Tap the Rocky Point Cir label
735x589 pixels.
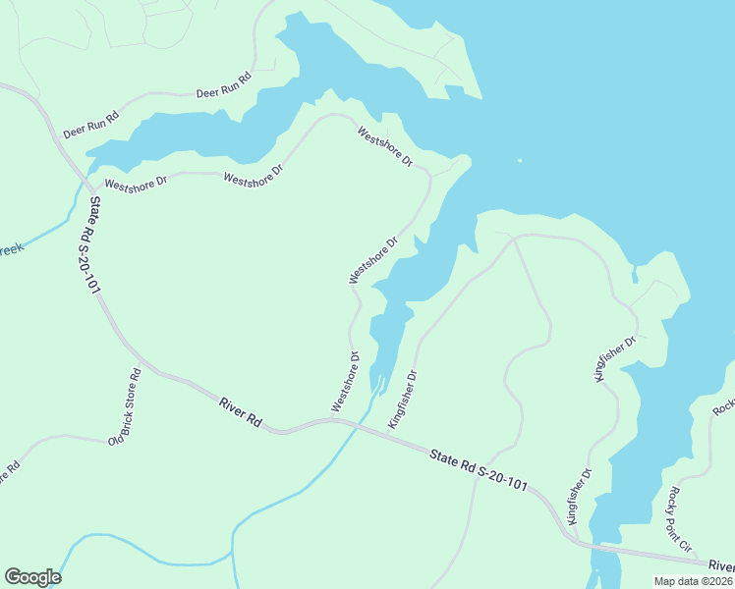[x=680, y=517]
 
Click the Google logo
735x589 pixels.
[x=32, y=577]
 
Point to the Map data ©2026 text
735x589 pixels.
[x=693, y=581]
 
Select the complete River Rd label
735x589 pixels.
[x=240, y=410]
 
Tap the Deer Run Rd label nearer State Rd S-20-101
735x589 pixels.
[x=90, y=126]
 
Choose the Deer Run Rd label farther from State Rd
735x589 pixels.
[x=223, y=86]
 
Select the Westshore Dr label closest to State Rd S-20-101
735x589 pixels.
[x=136, y=183]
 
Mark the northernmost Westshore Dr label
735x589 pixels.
[x=385, y=146]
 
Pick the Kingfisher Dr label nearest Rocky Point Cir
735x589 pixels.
[x=580, y=498]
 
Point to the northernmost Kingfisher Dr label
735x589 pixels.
[x=616, y=359]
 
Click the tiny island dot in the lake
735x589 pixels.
[x=519, y=161]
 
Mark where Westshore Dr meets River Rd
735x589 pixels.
[x=332, y=420]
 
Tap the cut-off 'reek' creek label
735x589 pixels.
[x=10, y=250]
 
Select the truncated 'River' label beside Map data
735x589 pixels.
[x=721, y=565]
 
